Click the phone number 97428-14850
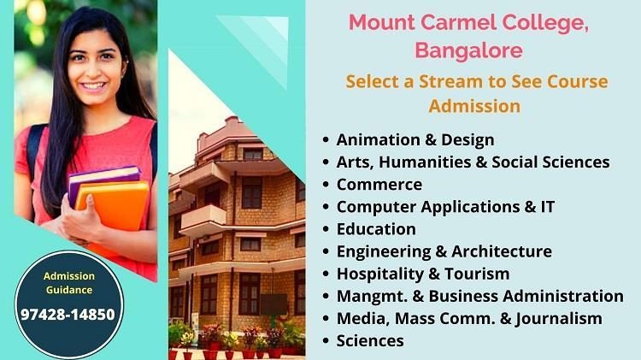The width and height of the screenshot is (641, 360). click(x=68, y=314)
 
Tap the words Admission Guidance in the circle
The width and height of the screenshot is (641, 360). click(x=69, y=283)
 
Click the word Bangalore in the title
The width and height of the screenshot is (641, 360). click(x=469, y=51)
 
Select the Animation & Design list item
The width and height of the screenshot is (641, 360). click(x=415, y=140)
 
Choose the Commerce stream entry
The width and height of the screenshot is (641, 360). click(x=379, y=185)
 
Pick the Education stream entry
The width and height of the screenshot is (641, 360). click(x=376, y=229)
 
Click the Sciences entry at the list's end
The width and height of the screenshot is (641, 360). click(x=370, y=341)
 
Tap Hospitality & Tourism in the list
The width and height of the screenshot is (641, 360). click(x=423, y=274)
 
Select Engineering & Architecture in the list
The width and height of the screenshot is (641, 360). click(x=444, y=251)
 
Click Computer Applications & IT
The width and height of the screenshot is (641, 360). click(x=445, y=207)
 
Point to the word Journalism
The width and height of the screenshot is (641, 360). click(x=558, y=319)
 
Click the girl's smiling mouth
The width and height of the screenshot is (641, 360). click(x=93, y=86)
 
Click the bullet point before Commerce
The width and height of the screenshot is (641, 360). click(x=326, y=185)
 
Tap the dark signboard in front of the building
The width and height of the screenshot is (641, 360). click(x=273, y=304)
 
